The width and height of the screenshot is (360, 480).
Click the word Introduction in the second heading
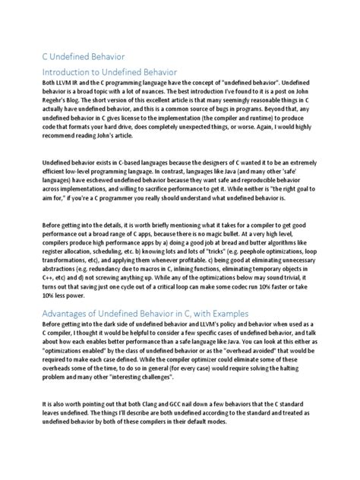pyautogui.click(x=69, y=71)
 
